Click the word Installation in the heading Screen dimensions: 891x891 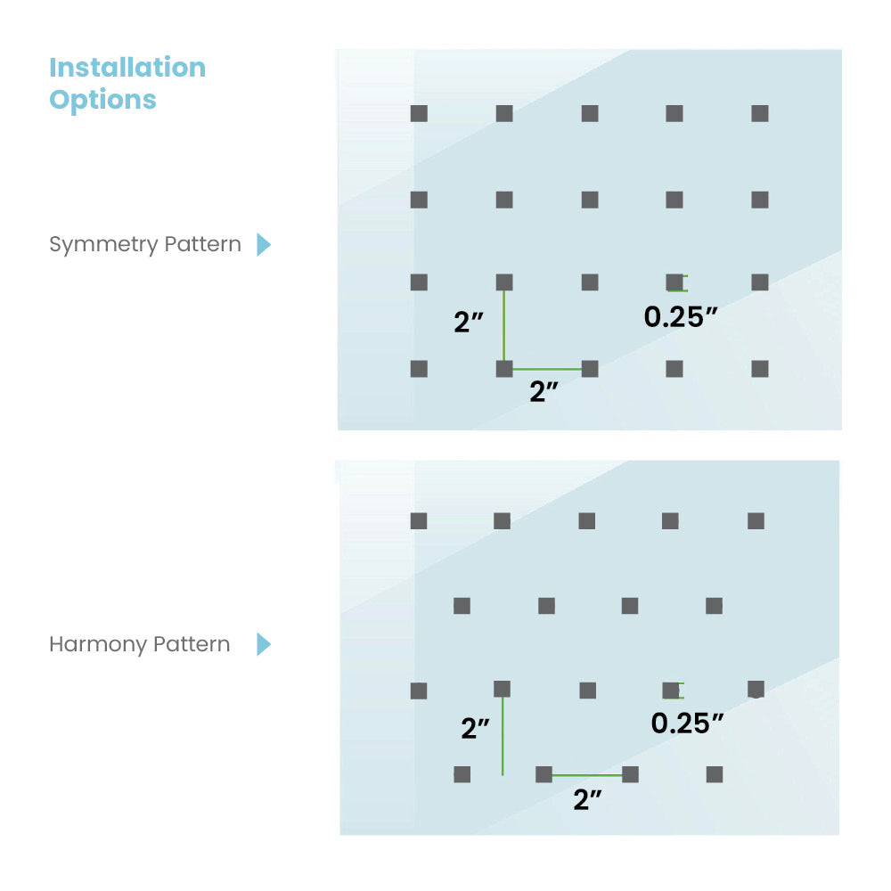pyautogui.click(x=127, y=68)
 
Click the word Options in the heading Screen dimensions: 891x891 pyautogui.click(x=102, y=100)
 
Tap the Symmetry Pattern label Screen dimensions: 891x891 pyautogui.click(x=145, y=244)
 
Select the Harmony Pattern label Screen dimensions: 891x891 pyautogui.click(x=139, y=644)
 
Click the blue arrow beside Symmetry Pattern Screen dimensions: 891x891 pyautogui.click(x=263, y=244)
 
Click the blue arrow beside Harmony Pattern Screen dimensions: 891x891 pyautogui.click(x=263, y=644)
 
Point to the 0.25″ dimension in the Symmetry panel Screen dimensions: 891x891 pyautogui.click(x=681, y=317)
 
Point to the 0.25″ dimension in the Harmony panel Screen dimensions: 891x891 pyautogui.click(x=687, y=723)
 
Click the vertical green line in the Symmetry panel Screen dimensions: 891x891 pyautogui.click(x=504, y=325)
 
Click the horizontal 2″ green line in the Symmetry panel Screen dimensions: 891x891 pyautogui.click(x=546, y=369)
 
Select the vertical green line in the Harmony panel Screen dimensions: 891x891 pyautogui.click(x=503, y=735)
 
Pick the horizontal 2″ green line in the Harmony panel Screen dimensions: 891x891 pyautogui.click(x=586, y=775)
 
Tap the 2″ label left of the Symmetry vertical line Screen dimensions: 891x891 pyautogui.click(x=469, y=322)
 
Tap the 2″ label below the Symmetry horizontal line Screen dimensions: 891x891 pyautogui.click(x=544, y=392)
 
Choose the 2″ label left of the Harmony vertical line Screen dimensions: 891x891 pyautogui.click(x=476, y=729)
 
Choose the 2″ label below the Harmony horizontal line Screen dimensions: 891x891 pyautogui.click(x=587, y=800)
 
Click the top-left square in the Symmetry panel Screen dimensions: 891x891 pyautogui.click(x=419, y=114)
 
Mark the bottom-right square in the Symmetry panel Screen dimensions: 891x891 pyautogui.click(x=760, y=369)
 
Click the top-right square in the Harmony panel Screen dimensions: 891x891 pyautogui.click(x=756, y=521)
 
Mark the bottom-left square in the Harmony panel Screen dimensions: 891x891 pyautogui.click(x=462, y=774)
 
